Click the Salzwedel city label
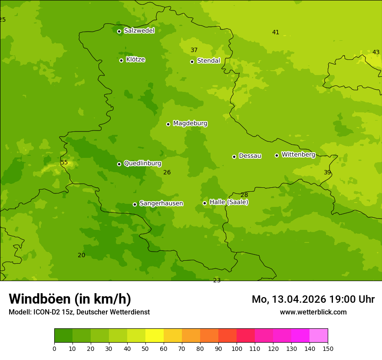coord(139,31)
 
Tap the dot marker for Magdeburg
coord(168,124)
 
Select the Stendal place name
coord(208,61)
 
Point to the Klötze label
coord(135,59)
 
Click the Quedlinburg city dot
coord(119,164)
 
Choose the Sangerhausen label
coord(161,203)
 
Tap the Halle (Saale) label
coord(229,202)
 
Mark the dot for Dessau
coord(234,157)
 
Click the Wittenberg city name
coord(298,154)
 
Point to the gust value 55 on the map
coord(64,163)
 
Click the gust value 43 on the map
coord(376,52)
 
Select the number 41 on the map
coord(276,32)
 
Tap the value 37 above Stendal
coord(194,50)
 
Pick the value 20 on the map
coord(81,255)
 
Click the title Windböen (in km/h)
coord(70,299)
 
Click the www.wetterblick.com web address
coord(313,312)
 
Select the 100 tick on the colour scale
coord(237,348)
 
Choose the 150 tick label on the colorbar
coord(327,348)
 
